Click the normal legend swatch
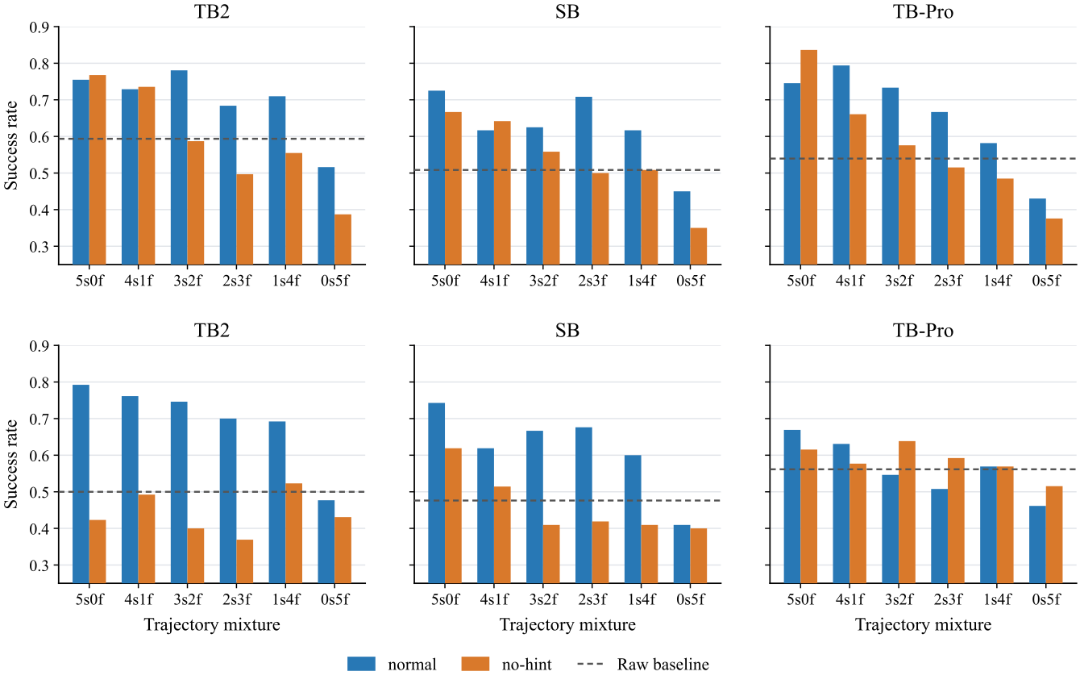(x=361, y=664)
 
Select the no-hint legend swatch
(x=476, y=664)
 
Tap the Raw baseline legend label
(x=663, y=664)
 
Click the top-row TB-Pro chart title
(x=923, y=11)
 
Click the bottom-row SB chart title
(x=567, y=331)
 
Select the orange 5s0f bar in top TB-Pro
(x=808, y=157)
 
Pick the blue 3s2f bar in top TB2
(x=179, y=168)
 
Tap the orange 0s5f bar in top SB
(x=698, y=246)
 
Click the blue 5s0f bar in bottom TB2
(x=81, y=484)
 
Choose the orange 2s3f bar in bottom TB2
(x=244, y=561)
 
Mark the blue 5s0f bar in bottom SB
(x=436, y=493)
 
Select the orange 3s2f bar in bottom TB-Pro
(x=907, y=512)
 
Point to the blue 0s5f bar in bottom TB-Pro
(x=1037, y=544)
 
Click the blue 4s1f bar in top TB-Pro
(x=841, y=165)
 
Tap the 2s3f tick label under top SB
(x=592, y=281)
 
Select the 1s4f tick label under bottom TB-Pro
(x=997, y=599)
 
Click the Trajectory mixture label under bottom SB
(x=567, y=624)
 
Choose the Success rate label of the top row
(x=10, y=145)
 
